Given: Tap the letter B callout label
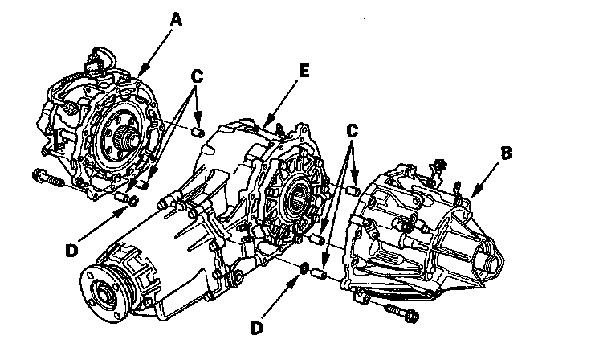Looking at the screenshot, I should point(506,151).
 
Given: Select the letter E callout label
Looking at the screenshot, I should point(304,71).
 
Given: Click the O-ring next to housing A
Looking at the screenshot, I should point(134,199).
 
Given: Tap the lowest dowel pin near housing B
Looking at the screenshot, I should point(318,276).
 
